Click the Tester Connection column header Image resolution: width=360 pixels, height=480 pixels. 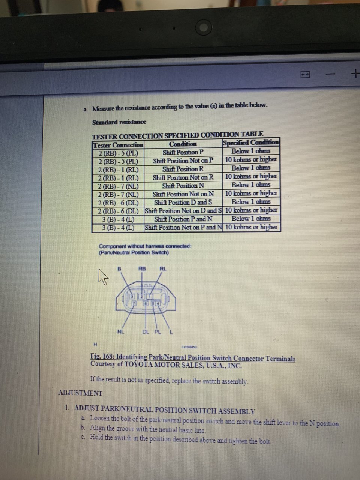[x=118, y=145]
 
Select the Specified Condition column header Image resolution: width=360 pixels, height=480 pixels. [x=251, y=143]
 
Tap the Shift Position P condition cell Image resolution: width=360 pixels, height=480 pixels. [x=183, y=153]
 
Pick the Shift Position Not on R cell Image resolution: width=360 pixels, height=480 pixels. [x=183, y=177]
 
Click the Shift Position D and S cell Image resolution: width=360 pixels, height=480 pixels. [x=183, y=202]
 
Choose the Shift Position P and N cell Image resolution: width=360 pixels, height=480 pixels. [x=183, y=219]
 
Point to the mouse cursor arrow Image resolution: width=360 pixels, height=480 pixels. [x=102, y=277]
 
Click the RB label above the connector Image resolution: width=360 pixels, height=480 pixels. [x=142, y=268]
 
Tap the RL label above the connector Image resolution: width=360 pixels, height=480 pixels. [x=163, y=268]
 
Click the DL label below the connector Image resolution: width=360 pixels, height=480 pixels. [x=146, y=331]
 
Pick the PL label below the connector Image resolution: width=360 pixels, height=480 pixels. [x=157, y=331]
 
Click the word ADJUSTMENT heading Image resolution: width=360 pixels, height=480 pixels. [x=80, y=393]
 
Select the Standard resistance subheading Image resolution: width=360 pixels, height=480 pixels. [x=119, y=122]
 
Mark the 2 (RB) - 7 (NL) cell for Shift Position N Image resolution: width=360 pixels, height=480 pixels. [x=118, y=186]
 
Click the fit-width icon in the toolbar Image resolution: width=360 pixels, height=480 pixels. [x=305, y=75]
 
